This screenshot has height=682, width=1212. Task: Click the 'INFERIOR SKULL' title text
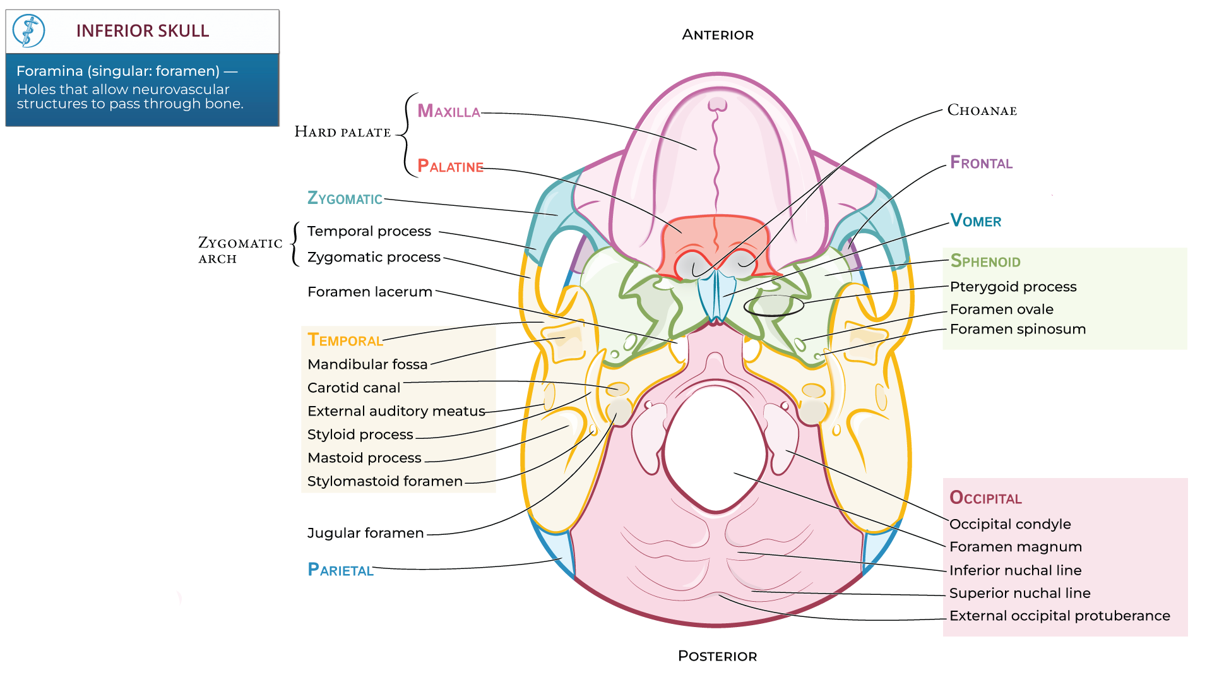pos(142,31)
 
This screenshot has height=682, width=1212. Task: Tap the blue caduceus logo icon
pos(29,31)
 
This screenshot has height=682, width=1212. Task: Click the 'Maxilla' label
pos(449,112)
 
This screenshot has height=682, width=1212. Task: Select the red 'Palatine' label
pos(450,167)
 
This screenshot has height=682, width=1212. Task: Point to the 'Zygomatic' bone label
pos(345,199)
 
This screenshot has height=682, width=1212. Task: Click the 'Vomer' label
pos(975,221)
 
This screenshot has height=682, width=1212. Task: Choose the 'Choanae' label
pos(982,111)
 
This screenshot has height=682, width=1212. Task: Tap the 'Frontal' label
pos(981,163)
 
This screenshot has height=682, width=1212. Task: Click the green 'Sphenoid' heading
pos(985,261)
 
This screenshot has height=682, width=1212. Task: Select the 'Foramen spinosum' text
pos(1018,329)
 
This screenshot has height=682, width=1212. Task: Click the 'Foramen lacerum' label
pos(370,292)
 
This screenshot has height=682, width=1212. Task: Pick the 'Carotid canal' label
pos(353,388)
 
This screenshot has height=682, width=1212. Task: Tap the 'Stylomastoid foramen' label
pos(385,481)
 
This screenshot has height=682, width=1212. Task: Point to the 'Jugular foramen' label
pos(365,533)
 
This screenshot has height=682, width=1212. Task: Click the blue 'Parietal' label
pos(340,570)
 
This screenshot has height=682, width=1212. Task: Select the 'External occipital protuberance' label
pos(1059,616)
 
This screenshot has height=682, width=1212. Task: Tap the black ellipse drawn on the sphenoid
pos(773,306)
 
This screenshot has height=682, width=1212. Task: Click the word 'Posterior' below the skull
pos(717,656)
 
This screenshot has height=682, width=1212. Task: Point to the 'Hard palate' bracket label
pos(343,132)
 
